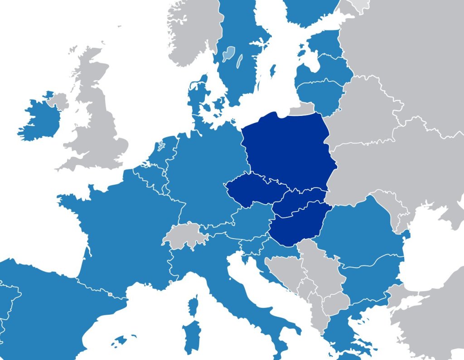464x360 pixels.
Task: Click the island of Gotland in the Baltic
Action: tap(273, 70)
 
